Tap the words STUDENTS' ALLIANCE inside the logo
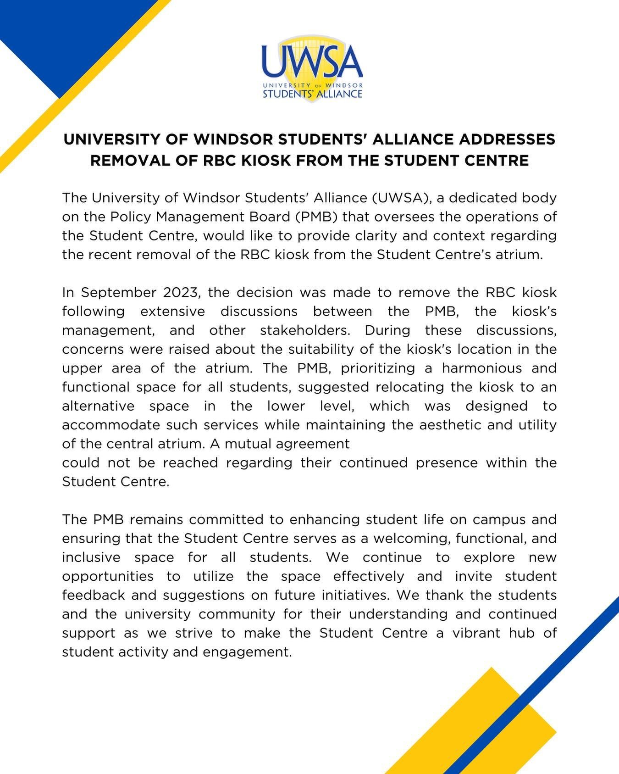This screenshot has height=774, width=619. point(312,94)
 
